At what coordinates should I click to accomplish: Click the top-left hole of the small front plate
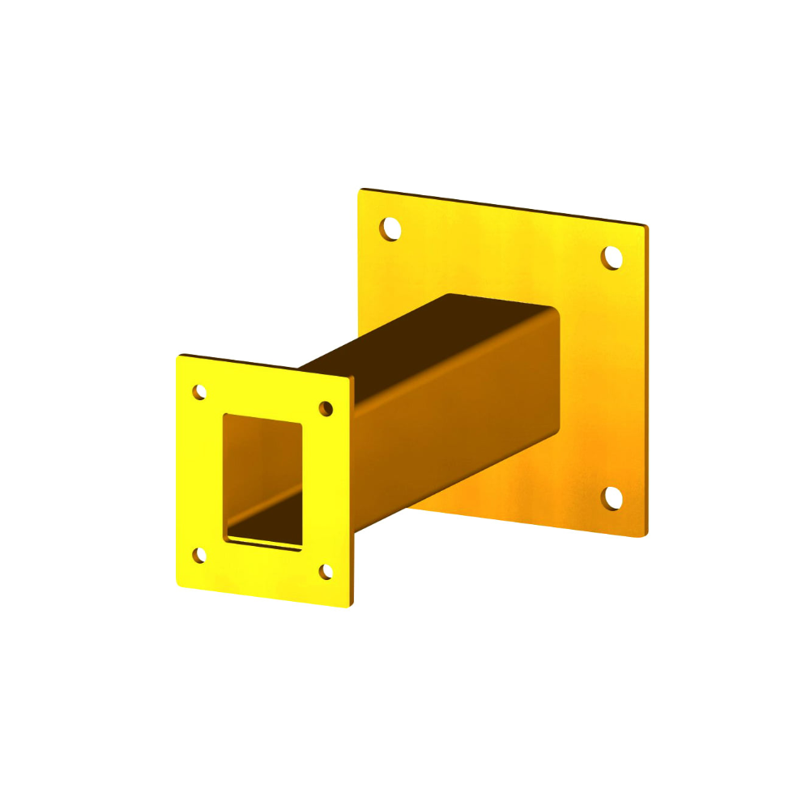pyautogui.click(x=199, y=392)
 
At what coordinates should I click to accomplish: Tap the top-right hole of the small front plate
pyautogui.click(x=326, y=408)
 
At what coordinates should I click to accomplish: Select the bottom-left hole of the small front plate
pyautogui.click(x=199, y=555)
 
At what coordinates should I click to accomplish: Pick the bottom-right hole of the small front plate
pyautogui.click(x=326, y=572)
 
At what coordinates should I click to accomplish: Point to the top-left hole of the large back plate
pyautogui.click(x=391, y=228)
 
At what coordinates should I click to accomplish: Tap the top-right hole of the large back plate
pyautogui.click(x=612, y=258)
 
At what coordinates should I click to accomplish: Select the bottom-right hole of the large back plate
pyautogui.click(x=613, y=498)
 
